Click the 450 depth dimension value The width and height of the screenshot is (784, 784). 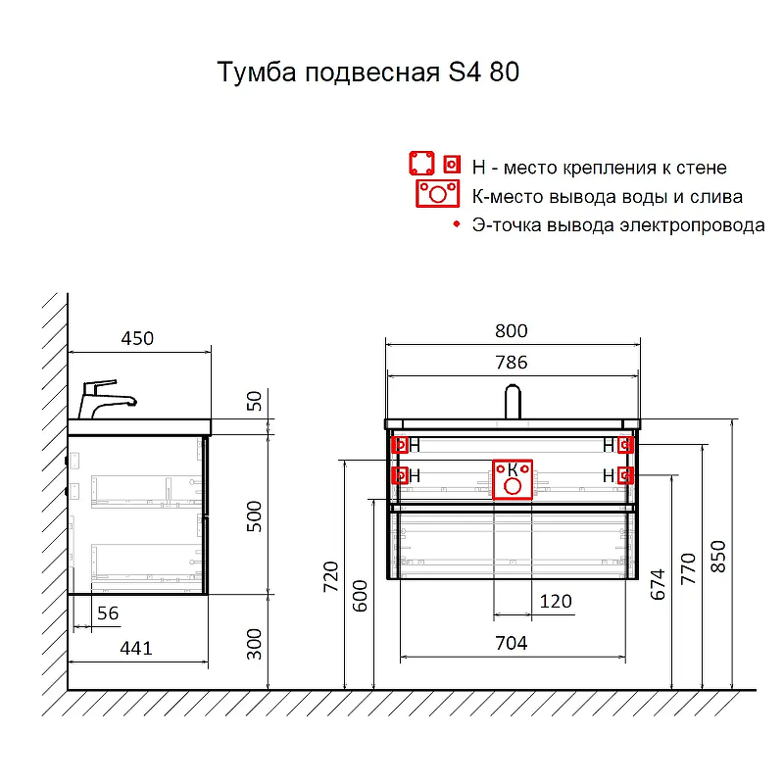pos(137,339)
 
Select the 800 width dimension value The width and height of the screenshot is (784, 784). pos(511,331)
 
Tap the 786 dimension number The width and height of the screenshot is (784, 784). pos(511,363)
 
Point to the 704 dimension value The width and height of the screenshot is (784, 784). pos(511,643)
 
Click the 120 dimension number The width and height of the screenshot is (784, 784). pos(556,602)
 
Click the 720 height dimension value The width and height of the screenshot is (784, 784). pos(330,578)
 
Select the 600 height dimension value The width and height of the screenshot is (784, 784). pos(360,595)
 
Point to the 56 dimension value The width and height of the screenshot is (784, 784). pos(108,612)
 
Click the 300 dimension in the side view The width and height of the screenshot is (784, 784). pos(255,643)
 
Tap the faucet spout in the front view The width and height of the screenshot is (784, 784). pos(512,402)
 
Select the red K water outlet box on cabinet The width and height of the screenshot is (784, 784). pos(512,478)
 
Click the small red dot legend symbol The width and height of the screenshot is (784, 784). pos(456,225)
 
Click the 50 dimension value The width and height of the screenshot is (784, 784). pos(255,401)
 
